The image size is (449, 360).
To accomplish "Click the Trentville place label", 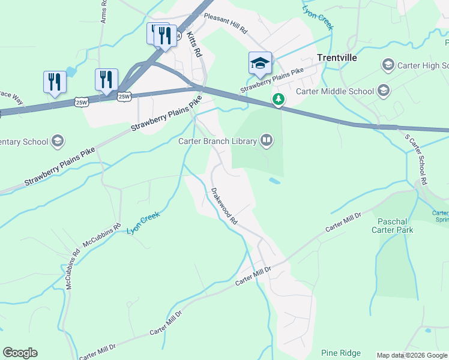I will (337, 58).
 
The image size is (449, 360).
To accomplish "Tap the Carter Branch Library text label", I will (218, 141).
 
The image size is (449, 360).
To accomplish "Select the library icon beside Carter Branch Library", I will (267, 141).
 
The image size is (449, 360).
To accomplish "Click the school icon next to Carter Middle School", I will (383, 91).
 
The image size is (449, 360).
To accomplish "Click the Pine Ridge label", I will (340, 352).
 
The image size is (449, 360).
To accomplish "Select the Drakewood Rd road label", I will (224, 206).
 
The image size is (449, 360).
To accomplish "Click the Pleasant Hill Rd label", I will (226, 26).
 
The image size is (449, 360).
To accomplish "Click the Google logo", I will (20, 353).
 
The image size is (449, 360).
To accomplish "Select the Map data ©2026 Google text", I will (411, 355).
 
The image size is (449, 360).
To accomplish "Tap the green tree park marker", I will (278, 99).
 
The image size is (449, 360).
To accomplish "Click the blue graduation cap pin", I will (260, 63).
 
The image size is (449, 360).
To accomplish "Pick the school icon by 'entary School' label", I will (58, 142).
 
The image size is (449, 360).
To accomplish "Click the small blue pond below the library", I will (274, 180).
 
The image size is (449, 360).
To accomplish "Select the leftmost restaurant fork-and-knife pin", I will (55, 82).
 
